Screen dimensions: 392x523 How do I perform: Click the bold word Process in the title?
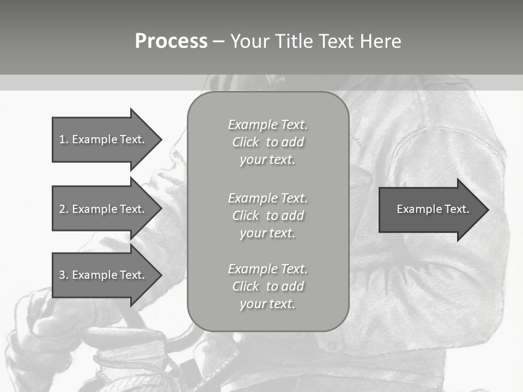point(171,41)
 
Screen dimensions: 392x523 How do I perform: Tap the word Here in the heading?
point(381,41)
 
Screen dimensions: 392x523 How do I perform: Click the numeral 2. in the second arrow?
point(64,209)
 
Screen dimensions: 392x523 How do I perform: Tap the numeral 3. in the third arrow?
point(64,275)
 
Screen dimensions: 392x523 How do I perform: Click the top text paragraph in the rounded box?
point(267,142)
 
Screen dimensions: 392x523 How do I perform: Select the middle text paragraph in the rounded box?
point(267,215)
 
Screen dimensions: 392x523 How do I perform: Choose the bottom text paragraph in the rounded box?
point(267,286)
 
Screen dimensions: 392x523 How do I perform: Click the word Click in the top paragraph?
point(246,142)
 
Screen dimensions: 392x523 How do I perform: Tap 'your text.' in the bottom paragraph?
point(267,304)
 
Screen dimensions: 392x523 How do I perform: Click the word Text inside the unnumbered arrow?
point(457,209)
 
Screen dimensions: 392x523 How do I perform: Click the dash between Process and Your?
point(219,41)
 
